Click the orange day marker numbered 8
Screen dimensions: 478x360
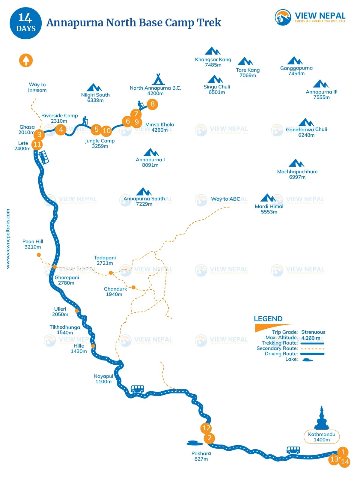(x=153, y=104)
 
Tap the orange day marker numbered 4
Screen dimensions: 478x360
(x=61, y=129)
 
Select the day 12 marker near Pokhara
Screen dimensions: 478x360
(x=206, y=428)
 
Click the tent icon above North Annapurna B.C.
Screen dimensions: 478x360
(x=158, y=79)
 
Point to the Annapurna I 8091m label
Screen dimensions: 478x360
(x=150, y=162)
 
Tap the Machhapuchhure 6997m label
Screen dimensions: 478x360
(x=297, y=174)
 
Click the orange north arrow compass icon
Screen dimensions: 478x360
(x=26, y=60)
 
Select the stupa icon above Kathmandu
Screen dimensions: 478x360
(x=322, y=418)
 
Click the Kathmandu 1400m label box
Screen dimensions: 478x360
(x=322, y=437)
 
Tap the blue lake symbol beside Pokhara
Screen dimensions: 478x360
(x=195, y=443)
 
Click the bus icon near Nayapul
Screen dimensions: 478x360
(x=137, y=389)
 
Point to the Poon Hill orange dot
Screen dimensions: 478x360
(x=39, y=255)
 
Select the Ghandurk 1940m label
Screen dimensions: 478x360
(x=115, y=291)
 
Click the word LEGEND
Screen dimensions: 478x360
(x=268, y=319)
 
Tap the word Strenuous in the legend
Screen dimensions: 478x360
(x=313, y=332)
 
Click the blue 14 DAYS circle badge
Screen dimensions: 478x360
(x=25, y=23)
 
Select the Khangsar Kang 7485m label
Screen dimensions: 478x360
(x=213, y=62)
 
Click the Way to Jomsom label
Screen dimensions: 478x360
(x=37, y=87)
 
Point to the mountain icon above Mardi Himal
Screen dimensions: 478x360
(x=268, y=198)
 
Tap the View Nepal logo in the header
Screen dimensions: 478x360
(x=310, y=17)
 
